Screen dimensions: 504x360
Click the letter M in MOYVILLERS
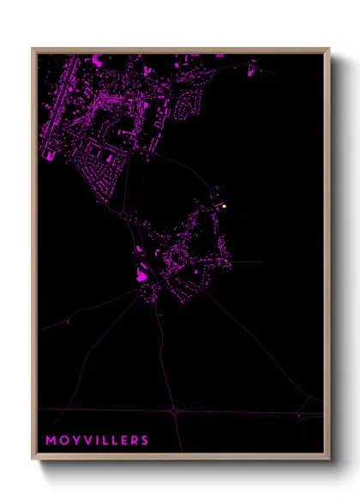coord(51,441)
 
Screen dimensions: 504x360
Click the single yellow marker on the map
coord(224,206)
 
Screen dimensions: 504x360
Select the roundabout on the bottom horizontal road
coord(174,411)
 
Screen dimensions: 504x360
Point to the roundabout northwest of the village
coord(124,216)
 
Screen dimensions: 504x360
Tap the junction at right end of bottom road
coord(298,414)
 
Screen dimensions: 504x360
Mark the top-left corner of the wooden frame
coord(33,50)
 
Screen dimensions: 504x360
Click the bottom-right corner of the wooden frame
coord(329,459)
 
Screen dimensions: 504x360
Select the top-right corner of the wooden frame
coord(329,50)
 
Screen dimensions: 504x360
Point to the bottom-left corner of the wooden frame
coord(33,459)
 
